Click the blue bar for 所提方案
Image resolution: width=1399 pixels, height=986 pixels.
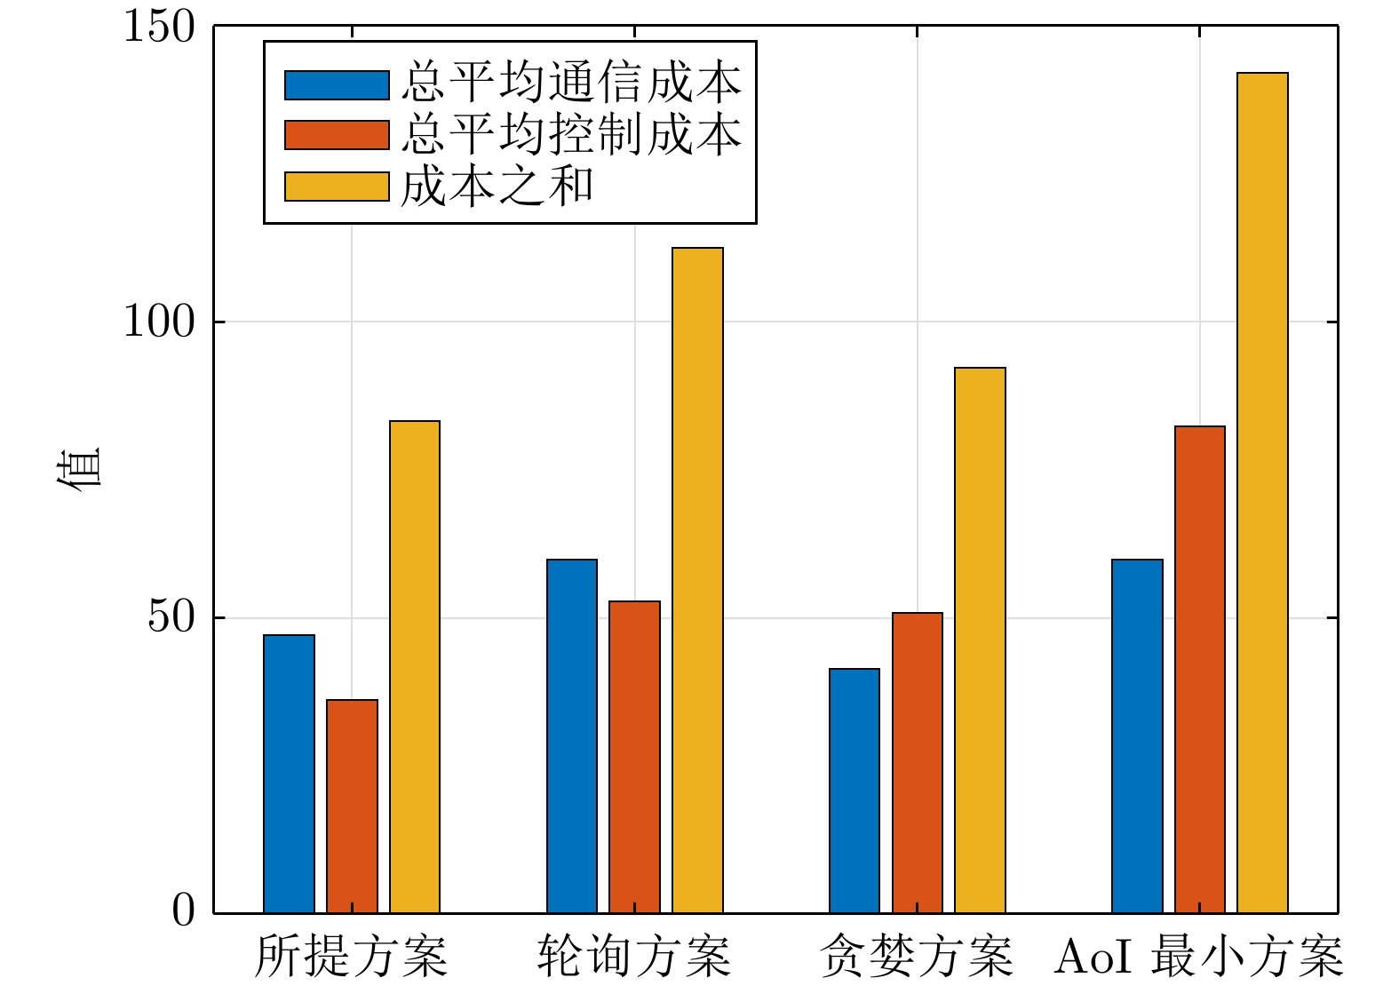click(x=289, y=774)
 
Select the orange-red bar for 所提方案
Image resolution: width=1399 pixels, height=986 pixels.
click(x=352, y=807)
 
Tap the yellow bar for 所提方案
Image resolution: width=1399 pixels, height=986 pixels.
click(x=415, y=667)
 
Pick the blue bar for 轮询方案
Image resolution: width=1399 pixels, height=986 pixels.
click(x=572, y=736)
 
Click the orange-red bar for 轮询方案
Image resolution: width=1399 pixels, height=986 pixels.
click(x=634, y=757)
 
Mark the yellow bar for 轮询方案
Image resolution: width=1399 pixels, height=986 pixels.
click(x=697, y=580)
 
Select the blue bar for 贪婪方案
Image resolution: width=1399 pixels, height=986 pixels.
click(x=855, y=791)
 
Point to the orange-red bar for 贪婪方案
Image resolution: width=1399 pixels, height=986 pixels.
click(x=918, y=763)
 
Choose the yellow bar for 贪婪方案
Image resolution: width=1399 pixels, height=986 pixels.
click(x=980, y=640)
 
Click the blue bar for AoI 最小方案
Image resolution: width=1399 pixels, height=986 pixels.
click(x=1137, y=736)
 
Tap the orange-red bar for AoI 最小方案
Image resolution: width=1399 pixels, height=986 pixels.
click(x=1200, y=670)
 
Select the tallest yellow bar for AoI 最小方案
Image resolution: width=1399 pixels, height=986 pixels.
click(x=1262, y=493)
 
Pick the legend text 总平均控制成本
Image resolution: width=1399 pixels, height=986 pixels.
click(x=571, y=135)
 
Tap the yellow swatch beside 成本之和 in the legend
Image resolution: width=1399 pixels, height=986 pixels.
click(x=337, y=187)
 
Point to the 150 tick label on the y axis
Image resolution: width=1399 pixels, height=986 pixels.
click(x=159, y=27)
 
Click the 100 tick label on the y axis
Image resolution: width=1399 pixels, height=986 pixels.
click(x=159, y=322)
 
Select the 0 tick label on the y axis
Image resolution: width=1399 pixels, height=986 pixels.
click(x=183, y=911)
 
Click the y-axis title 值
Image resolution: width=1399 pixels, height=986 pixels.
click(x=79, y=469)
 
